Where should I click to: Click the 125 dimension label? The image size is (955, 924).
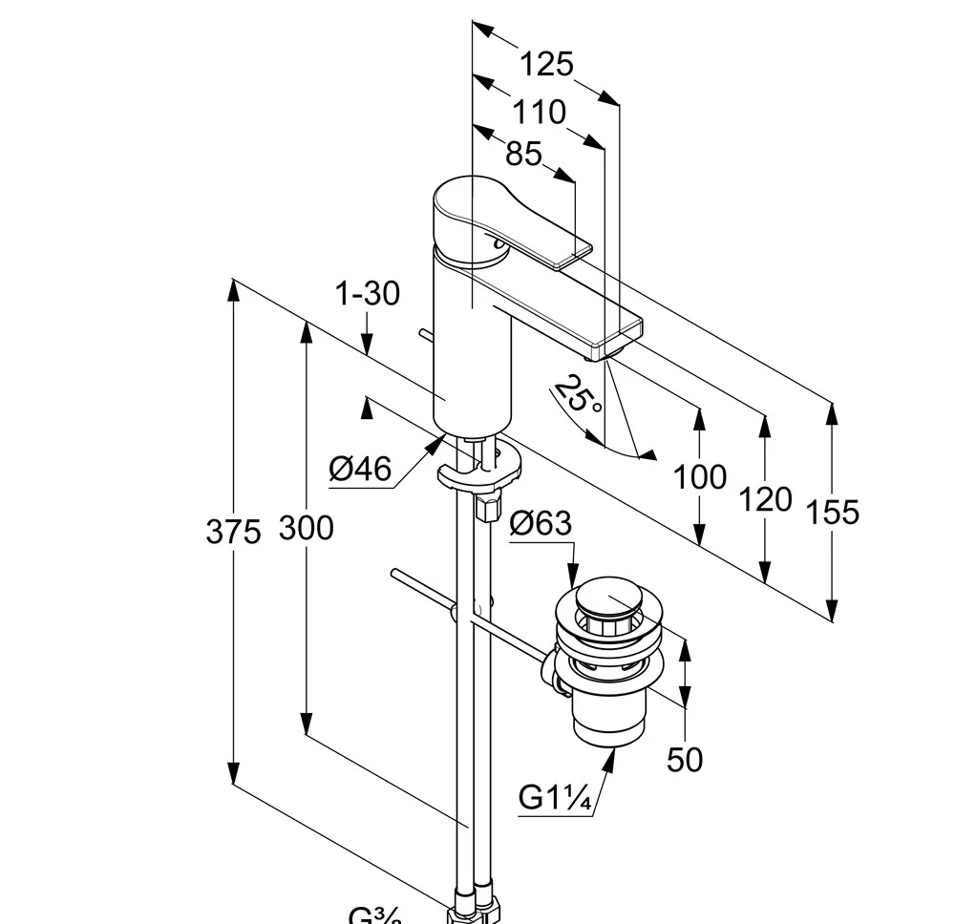click(546, 64)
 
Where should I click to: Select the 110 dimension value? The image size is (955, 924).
click(539, 112)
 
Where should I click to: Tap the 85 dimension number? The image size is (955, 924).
click(523, 153)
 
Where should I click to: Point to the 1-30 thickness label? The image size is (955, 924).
click(367, 294)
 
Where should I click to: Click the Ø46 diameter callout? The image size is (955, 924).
click(360, 469)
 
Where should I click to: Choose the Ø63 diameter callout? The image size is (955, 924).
click(541, 523)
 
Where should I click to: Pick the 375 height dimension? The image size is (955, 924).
click(233, 532)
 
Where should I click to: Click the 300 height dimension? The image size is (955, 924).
click(307, 528)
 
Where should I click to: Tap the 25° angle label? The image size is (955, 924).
click(579, 394)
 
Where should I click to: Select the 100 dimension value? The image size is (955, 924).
click(700, 476)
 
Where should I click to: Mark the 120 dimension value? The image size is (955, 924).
click(765, 498)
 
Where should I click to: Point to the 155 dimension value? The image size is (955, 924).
click(833, 513)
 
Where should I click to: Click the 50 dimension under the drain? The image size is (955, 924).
click(685, 760)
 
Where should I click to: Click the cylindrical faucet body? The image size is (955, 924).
click(473, 353)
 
